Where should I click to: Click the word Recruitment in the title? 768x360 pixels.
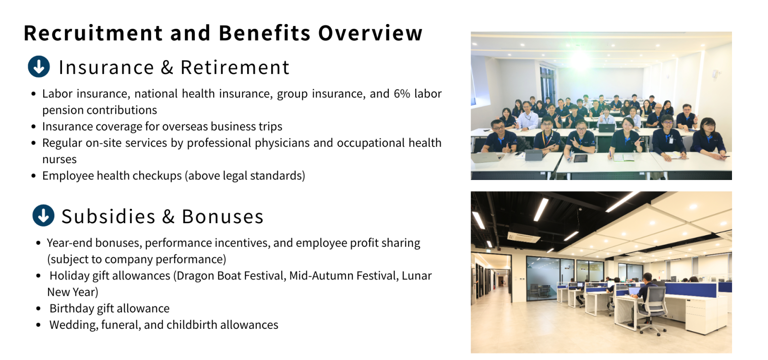tap(93, 33)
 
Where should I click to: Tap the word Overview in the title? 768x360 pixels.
tap(370, 33)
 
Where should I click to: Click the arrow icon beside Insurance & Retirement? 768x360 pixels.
tap(39, 67)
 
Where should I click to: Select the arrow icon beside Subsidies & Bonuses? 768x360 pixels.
tap(43, 216)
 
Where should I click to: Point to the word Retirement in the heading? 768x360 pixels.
tap(235, 67)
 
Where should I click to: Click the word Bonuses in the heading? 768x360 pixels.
tap(223, 216)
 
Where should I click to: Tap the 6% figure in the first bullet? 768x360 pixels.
tap(402, 94)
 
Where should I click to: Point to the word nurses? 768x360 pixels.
tap(60, 159)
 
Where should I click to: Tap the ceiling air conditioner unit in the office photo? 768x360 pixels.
tap(523, 234)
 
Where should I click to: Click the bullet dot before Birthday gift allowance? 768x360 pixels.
tap(38, 309)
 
